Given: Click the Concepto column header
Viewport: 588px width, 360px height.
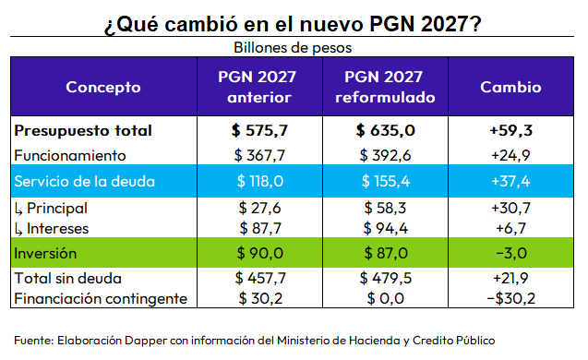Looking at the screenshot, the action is (103, 87).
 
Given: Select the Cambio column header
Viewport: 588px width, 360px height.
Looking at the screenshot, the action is (510, 87).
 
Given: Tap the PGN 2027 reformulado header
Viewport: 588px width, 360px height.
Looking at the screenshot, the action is (385, 87).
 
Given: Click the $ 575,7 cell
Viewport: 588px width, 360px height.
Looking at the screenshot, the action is (259, 130).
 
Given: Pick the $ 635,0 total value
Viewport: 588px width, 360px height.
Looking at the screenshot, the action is (385, 130).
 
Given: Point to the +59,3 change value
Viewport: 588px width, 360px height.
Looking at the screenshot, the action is (510, 130).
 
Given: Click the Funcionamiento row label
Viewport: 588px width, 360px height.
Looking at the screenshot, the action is (70, 156).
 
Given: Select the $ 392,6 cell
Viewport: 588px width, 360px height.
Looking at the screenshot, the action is (385, 155).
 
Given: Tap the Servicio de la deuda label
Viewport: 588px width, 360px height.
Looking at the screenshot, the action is (84, 182).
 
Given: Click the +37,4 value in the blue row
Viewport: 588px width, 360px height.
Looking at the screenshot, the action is (510, 182).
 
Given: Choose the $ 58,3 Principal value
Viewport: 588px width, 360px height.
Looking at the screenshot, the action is (385, 208).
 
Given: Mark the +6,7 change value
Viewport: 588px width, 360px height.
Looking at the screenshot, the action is (510, 228).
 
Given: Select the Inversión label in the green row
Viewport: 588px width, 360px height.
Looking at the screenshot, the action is (45, 254).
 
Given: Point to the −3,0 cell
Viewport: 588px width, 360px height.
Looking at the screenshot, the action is (511, 254).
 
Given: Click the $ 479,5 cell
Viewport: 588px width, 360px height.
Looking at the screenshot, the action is (385, 278).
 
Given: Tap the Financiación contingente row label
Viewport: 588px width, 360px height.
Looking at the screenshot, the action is (101, 299).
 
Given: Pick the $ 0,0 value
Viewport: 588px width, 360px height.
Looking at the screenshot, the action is (385, 298).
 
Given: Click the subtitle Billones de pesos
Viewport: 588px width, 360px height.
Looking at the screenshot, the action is (293, 48).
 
